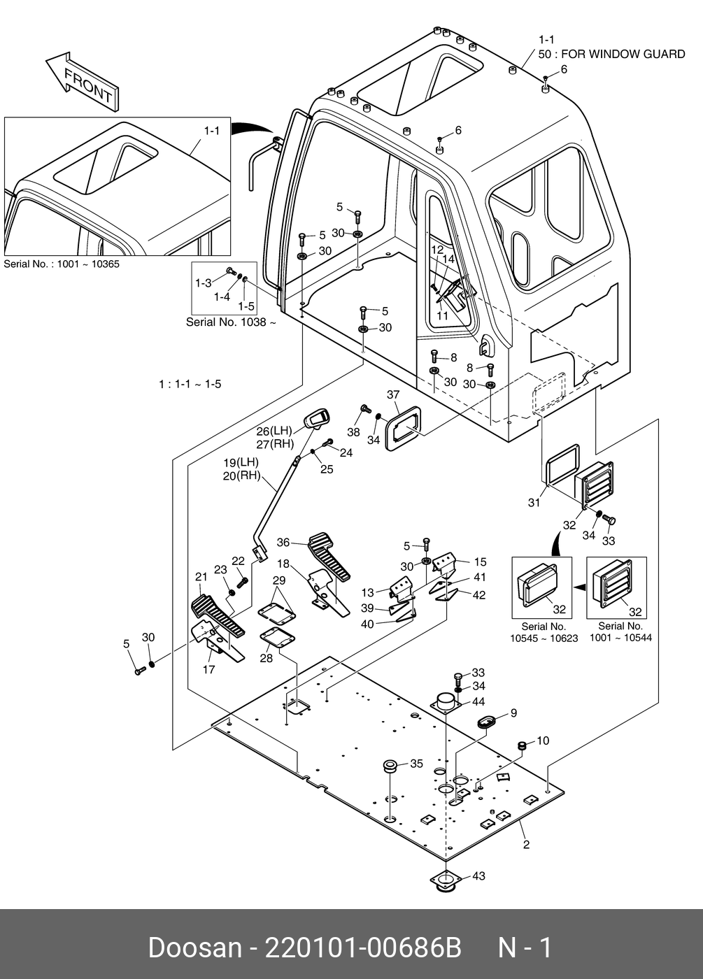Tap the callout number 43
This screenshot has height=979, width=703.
click(478, 876)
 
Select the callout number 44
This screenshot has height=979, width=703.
click(478, 701)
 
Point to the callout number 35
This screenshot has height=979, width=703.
click(416, 764)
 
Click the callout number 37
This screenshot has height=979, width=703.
click(393, 395)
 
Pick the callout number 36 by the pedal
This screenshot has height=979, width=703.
click(283, 542)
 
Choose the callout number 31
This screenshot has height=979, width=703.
click(534, 502)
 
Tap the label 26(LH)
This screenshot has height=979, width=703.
click(274, 431)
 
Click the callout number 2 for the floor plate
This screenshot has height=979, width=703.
click(526, 845)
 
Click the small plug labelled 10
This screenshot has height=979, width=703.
click(521, 746)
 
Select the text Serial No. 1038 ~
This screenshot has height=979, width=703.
click(231, 322)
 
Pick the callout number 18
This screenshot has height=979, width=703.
click(283, 564)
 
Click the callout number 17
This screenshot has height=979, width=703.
click(208, 669)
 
